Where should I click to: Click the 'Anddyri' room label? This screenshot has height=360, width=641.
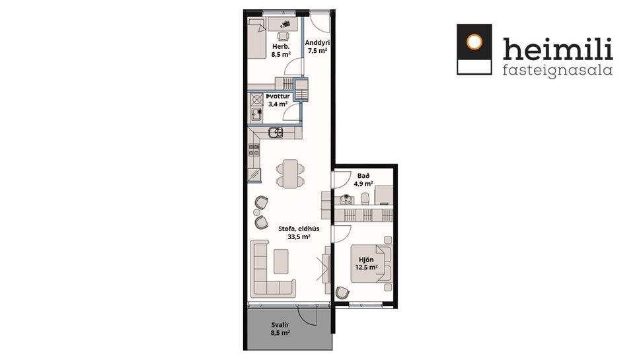click(x=317, y=42)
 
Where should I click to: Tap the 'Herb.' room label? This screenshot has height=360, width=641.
click(x=278, y=47)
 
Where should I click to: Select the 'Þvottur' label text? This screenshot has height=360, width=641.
click(x=277, y=96)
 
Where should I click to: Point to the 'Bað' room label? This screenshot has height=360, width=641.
click(x=363, y=176)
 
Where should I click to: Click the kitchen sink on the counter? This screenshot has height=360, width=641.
click(x=276, y=133)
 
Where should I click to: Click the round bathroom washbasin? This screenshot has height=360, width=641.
click(x=344, y=198)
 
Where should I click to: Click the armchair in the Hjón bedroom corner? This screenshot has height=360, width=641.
click(x=343, y=293)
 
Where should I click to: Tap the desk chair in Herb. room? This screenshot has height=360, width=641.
click(x=284, y=37)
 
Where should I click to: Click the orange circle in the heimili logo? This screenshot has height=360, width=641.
click(x=474, y=42)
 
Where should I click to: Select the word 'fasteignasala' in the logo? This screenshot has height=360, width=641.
click(x=557, y=69)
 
